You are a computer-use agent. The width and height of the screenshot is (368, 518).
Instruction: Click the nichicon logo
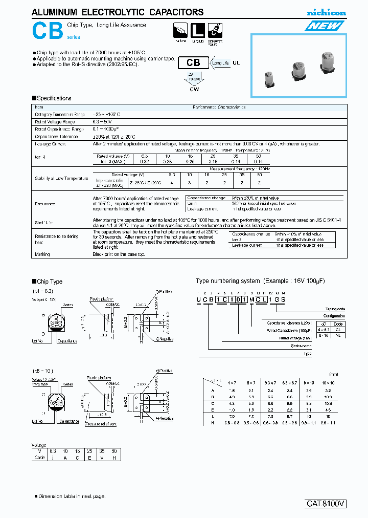click(326, 12)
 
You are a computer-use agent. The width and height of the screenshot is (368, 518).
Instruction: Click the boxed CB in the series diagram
click(193, 62)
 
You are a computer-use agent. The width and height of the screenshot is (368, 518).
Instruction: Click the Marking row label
click(42, 254)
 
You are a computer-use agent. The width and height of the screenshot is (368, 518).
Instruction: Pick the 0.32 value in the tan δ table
click(144, 161)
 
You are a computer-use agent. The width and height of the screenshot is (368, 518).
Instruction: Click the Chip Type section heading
click(49, 282)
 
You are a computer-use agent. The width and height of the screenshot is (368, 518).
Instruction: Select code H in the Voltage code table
click(115, 457)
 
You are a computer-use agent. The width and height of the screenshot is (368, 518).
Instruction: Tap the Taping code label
click(335, 309)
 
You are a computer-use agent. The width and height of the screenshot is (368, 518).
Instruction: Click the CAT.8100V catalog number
click(326, 504)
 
